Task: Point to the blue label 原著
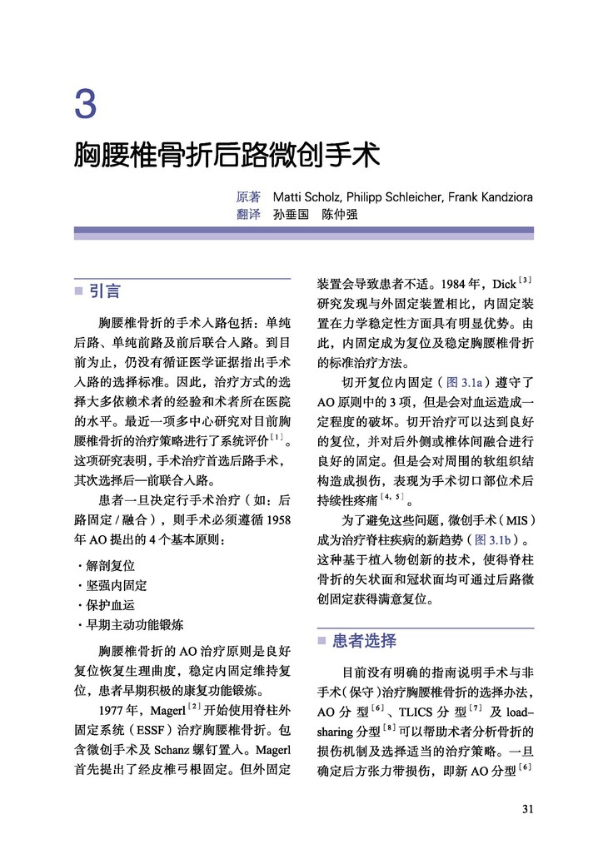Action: click(248, 197)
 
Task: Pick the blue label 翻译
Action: click(248, 215)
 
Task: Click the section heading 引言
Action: click(105, 291)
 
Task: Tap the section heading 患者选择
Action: click(364, 641)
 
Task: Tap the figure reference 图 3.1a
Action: click(461, 383)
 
